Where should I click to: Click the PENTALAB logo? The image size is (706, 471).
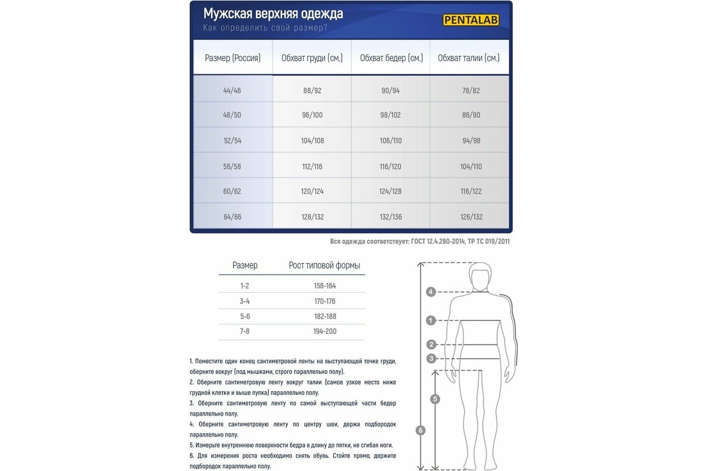(x=470, y=19)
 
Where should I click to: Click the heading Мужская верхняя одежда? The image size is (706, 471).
(x=273, y=14)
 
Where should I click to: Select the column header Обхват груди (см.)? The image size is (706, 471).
(x=312, y=58)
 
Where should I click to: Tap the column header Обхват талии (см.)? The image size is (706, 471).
(x=469, y=58)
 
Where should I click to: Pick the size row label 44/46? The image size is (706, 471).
(x=232, y=91)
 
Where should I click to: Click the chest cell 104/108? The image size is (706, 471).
(x=312, y=141)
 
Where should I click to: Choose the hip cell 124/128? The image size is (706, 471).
(x=391, y=191)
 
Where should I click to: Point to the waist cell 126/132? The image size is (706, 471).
(x=472, y=217)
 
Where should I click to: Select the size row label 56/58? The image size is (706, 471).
(x=232, y=167)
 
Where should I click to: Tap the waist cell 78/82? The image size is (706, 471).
(x=471, y=91)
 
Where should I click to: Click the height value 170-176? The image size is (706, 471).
(x=325, y=301)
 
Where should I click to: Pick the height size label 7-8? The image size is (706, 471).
(x=245, y=331)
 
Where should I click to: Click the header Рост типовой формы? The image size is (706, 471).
(x=324, y=266)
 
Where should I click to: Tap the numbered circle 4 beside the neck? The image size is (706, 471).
(x=431, y=291)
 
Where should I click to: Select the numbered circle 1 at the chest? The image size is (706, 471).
(x=431, y=321)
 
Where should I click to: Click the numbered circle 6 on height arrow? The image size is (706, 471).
(x=420, y=430)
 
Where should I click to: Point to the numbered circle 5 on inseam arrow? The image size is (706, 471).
(x=435, y=399)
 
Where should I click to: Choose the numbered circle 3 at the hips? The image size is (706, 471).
(x=431, y=358)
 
